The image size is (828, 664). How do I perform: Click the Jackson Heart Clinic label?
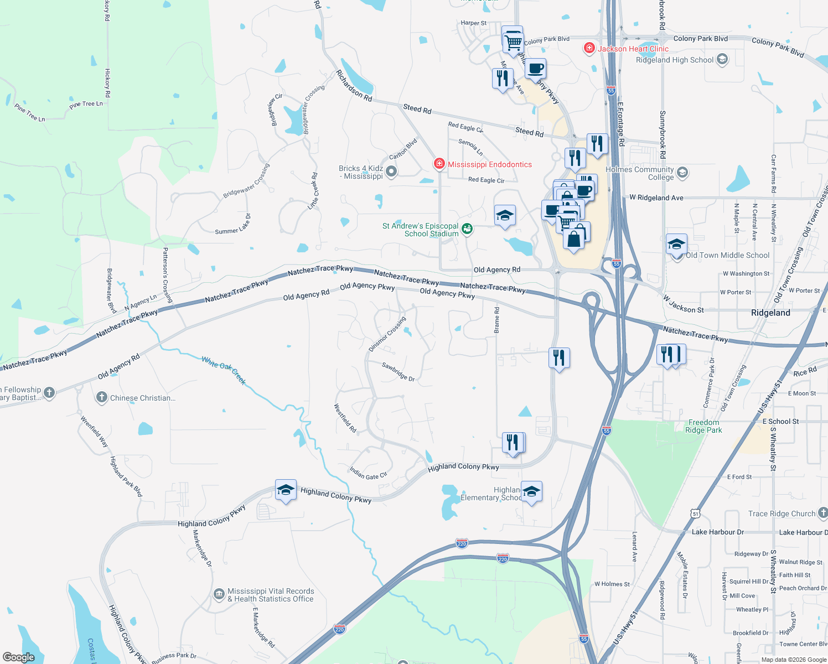[633, 49]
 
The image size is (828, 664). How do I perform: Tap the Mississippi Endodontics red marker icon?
[439, 164]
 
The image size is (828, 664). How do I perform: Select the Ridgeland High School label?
[675, 60]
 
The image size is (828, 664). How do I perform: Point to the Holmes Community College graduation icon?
[682, 173]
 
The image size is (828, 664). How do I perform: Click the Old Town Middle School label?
[727, 255]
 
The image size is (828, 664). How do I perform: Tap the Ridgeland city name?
[770, 313]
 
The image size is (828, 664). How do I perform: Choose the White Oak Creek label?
[224, 370]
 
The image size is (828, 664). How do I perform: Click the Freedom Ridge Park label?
[703, 426]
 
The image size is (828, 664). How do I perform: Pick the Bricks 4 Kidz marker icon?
[391, 172]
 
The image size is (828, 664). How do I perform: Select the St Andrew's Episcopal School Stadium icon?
[467, 229]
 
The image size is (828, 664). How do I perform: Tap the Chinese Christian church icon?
[101, 397]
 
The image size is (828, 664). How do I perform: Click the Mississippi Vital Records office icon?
[219, 595]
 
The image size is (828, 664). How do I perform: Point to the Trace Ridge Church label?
[782, 513]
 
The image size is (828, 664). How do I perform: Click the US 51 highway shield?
[695, 513]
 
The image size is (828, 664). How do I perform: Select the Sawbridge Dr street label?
[399, 372]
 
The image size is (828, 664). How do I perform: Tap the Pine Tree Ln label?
[86, 104]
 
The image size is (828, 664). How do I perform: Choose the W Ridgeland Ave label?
[656, 198]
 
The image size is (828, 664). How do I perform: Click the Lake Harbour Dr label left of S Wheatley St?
[717, 532]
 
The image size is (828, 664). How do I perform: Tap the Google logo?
[19, 657]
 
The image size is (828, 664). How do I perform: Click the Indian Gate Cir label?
[368, 473]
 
